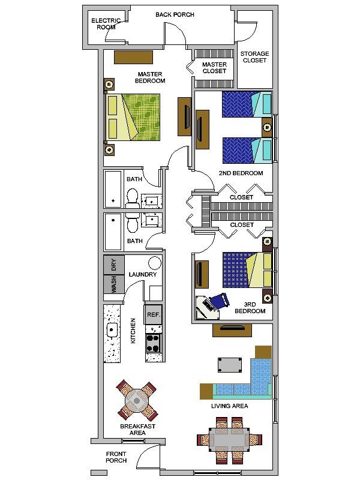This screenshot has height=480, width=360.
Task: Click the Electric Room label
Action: [x=106, y=24]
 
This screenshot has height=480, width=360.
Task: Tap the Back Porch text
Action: [x=175, y=14]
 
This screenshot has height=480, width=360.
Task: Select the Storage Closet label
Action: [x=254, y=57]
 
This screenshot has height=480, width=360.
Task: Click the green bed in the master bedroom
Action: [x=133, y=117]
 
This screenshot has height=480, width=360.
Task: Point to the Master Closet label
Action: [x=214, y=68]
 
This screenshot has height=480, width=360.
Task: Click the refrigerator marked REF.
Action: [x=153, y=314]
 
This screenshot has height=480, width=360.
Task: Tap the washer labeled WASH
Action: [x=113, y=284]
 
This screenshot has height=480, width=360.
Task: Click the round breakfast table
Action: [x=137, y=400]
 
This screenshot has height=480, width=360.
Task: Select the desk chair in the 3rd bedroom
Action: [x=218, y=299]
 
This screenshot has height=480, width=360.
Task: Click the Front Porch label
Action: [x=116, y=457]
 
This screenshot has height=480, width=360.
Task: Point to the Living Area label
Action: [x=229, y=406]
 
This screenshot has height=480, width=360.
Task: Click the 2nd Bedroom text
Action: [x=241, y=173]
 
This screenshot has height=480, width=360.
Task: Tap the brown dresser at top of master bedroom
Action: [x=134, y=57]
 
